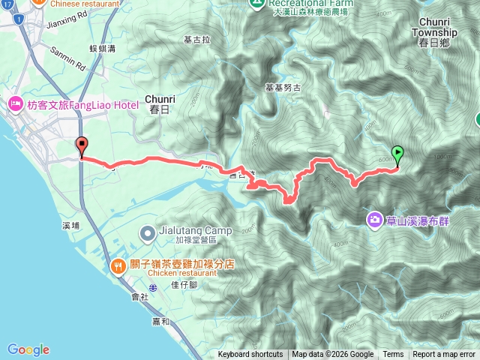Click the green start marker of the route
pos(397,154)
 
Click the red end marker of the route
pos(81,147)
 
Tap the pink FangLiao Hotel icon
pos(16,104)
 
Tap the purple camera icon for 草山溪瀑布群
pos(373,219)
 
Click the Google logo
pos(28,349)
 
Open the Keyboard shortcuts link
pos(250,355)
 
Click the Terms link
pos(393,355)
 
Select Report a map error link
pos(445,355)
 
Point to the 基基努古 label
pos(283,87)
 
